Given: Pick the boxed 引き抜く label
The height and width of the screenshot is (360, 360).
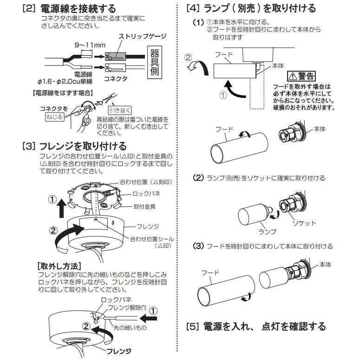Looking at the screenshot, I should tap(120, 110).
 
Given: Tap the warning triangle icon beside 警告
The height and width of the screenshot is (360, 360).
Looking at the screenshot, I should tap(293, 76).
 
